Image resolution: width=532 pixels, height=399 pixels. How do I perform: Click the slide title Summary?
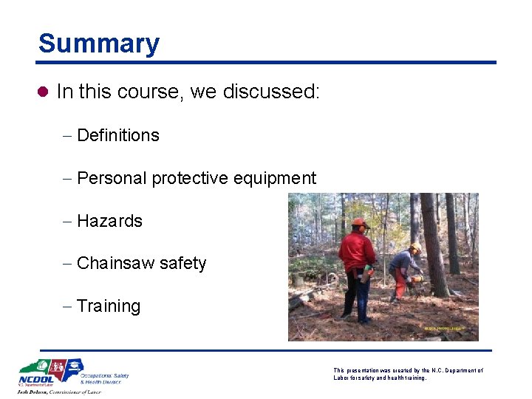pos(98,44)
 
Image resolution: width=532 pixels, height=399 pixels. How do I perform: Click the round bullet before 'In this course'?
pos(44,92)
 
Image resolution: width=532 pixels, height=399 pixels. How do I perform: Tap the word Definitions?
pos(117,135)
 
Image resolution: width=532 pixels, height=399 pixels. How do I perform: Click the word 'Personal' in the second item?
pos(112,178)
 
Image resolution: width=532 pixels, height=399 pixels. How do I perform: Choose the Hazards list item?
pos(109,221)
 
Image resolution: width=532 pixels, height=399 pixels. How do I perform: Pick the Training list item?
pos(108,306)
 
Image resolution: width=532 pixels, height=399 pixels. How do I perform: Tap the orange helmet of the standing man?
pos(360,222)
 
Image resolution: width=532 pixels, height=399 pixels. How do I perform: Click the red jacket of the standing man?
pos(356,250)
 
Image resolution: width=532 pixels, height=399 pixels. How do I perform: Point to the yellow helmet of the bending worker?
pos(416,247)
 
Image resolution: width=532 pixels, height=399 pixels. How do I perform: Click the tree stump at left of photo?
pos(299,280)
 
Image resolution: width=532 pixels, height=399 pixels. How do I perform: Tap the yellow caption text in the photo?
pos(443,328)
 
